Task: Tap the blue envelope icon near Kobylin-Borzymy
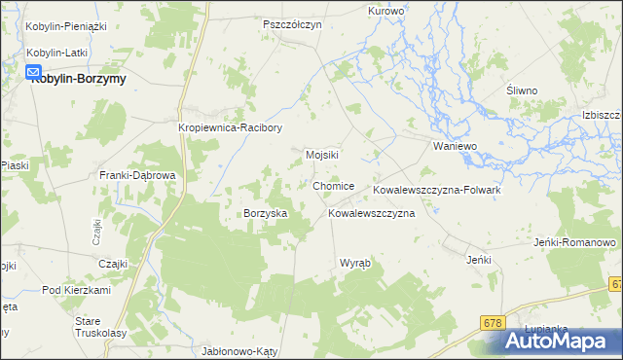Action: tap(33, 72)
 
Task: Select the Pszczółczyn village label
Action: tap(292, 24)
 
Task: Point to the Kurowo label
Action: tap(385, 11)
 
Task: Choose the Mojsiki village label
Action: tap(322, 155)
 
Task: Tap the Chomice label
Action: tap(334, 186)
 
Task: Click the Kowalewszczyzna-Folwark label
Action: tap(437, 190)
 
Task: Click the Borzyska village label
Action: tap(265, 213)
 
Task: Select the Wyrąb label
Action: tap(354, 264)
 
